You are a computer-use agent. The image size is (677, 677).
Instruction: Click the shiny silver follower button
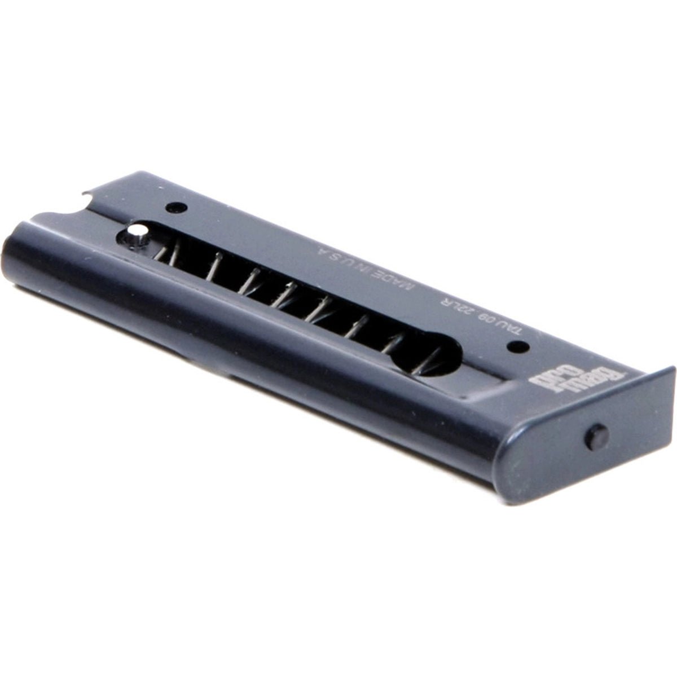pyautogui.click(x=137, y=231)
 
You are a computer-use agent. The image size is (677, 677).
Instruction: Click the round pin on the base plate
pyautogui.click(x=596, y=437)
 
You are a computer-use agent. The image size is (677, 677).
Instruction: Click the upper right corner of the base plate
pyautogui.click(x=672, y=369)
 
